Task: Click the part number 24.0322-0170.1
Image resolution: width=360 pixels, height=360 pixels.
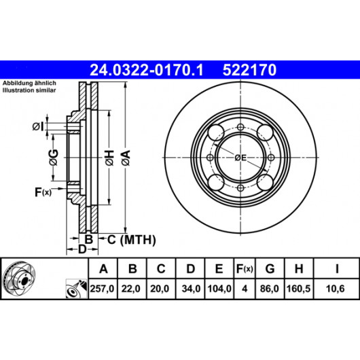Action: click(x=147, y=70)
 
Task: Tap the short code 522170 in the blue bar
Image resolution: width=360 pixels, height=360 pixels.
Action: click(x=249, y=70)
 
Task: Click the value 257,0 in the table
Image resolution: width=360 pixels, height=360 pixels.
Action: click(x=102, y=289)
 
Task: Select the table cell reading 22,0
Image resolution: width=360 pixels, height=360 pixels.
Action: click(x=131, y=289)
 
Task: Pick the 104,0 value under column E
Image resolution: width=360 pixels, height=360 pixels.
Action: click(x=219, y=289)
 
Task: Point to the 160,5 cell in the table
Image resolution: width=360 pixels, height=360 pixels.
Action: click(x=298, y=289)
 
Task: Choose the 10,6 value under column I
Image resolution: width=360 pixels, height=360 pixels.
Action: click(x=335, y=289)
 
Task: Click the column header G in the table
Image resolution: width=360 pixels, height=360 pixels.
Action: click(x=270, y=268)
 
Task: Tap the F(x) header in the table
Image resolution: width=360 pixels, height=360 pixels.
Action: click(x=245, y=269)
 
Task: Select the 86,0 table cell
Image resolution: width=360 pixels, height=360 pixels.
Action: click(x=270, y=289)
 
